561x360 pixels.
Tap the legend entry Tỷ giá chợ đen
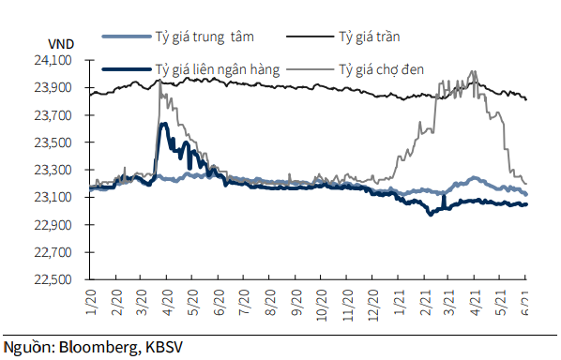pyautogui.click(x=383, y=68)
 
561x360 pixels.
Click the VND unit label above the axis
pyautogui.click(x=57, y=41)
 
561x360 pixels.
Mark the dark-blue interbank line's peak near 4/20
pyautogui.click(x=164, y=124)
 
